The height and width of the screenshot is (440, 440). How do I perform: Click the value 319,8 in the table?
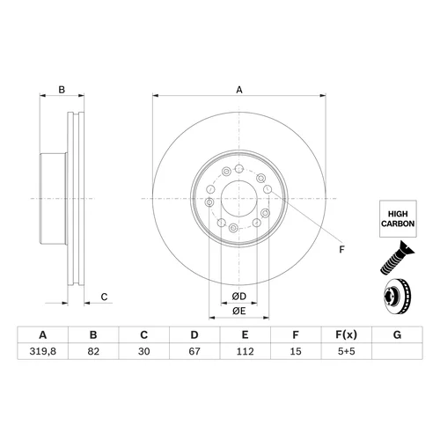coord(43,351)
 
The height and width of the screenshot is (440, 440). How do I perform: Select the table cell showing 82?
coord(93,351)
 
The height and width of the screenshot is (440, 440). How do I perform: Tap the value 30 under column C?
coord(144,351)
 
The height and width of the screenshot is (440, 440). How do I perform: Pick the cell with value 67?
coord(194,351)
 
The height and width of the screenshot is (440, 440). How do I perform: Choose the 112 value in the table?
coord(245,351)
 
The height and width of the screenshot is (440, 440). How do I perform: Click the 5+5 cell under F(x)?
coord(347,351)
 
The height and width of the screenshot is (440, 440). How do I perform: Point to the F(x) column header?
coord(347,334)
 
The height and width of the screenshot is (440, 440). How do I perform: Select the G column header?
coord(397,334)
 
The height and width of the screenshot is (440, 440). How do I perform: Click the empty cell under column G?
coord(397,351)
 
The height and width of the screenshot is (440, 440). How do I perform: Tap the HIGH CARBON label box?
coord(398,219)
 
